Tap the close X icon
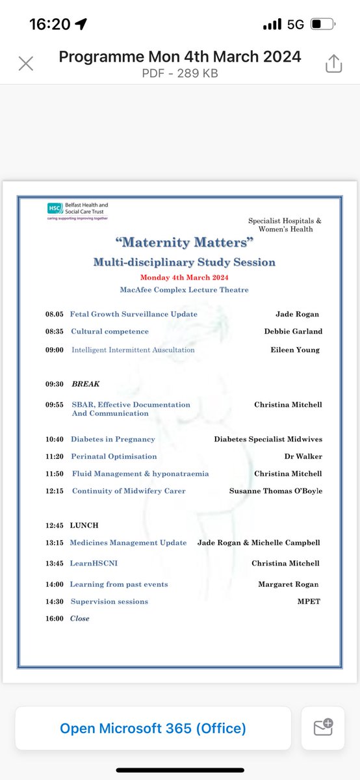26,64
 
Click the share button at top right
333,64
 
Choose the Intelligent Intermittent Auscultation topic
133,350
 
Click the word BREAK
85,384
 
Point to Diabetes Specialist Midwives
268,439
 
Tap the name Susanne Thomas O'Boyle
276,491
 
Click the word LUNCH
84,525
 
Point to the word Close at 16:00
80,618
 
